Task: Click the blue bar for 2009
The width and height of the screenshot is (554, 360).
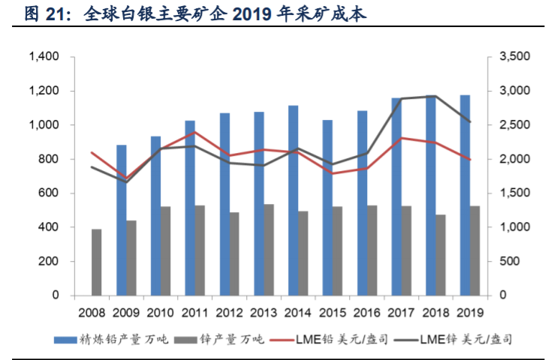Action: pos(121,220)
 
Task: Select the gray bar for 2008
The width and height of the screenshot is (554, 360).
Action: pos(97,262)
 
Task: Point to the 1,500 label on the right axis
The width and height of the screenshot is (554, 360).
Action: pos(513,193)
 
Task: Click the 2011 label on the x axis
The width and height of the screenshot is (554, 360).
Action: pos(195,311)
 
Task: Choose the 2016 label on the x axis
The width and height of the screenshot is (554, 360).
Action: pos(367,311)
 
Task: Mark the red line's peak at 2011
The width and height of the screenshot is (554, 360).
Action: pos(195,133)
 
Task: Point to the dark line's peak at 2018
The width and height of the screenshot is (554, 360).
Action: pos(435,96)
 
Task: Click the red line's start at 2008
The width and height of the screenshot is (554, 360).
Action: pos(91,152)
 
